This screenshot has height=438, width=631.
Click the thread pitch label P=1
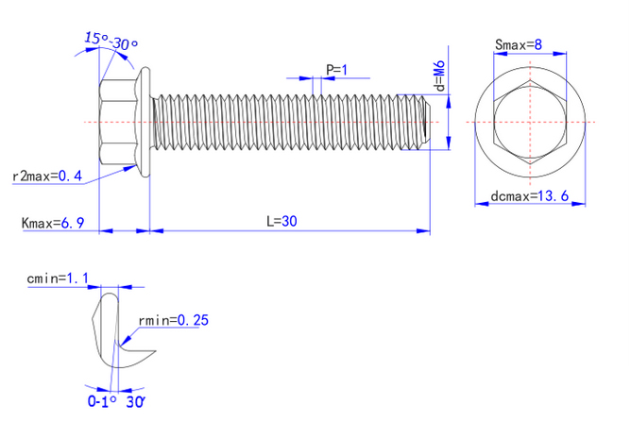336,70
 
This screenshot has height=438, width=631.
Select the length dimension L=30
281,221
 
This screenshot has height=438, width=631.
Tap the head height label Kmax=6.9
53,223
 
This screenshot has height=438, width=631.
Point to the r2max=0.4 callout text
47,177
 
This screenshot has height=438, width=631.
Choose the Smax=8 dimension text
518,44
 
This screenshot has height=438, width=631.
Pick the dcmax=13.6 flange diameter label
529,196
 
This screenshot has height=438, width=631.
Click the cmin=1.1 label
58,278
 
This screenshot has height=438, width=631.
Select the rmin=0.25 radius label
173,320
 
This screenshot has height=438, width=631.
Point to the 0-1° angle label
101,401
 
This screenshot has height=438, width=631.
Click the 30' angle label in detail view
135,401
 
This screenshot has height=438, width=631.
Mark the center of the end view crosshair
530,123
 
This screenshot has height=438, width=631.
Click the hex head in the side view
118,123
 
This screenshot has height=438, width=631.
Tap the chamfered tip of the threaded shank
428,123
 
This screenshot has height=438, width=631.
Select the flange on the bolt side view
145,123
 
